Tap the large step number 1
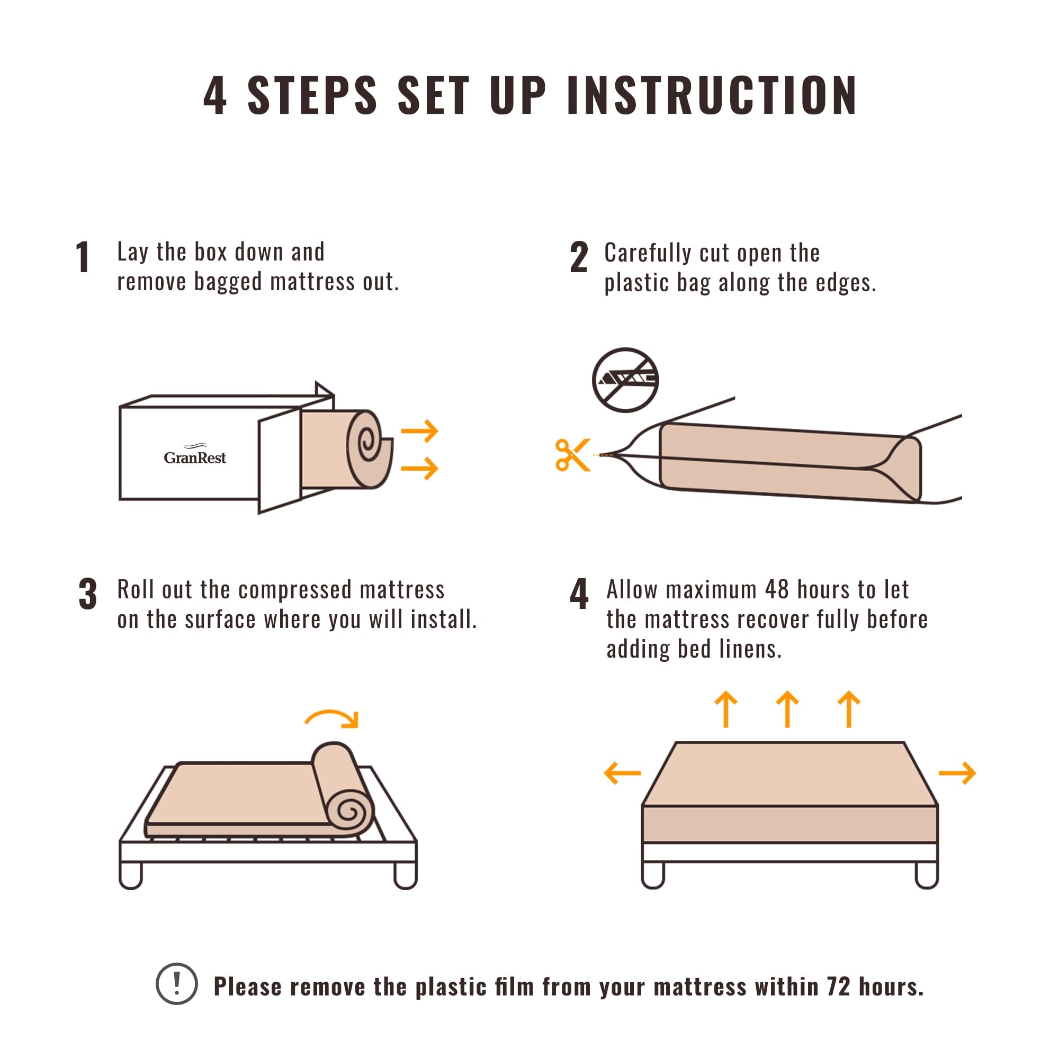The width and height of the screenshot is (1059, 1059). point(83,257)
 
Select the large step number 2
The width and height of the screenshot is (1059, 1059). point(579,257)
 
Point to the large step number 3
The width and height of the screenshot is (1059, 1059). point(88,594)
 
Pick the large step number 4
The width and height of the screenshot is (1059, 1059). point(579,594)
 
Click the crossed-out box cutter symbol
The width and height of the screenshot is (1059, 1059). point(625,379)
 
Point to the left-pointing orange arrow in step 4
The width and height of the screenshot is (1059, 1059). point(622,773)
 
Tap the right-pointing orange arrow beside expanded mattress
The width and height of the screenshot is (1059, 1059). point(957,773)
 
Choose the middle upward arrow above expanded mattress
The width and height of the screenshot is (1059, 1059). point(788,710)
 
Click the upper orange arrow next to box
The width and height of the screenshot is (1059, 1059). point(420,431)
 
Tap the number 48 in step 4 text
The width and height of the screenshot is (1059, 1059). point(777,590)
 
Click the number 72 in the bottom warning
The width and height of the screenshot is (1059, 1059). point(839,986)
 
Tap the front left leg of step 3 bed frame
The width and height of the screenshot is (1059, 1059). point(130,874)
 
